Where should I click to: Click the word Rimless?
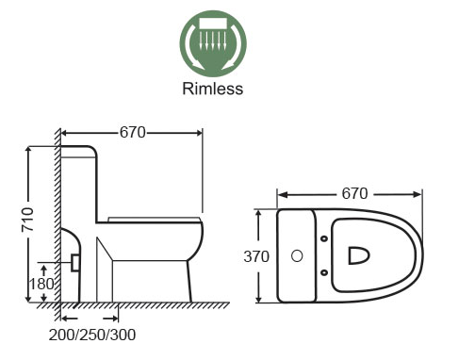(x=213, y=89)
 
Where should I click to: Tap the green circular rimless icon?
(x=213, y=43)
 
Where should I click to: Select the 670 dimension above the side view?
(x=133, y=133)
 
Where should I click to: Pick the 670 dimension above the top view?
(x=354, y=193)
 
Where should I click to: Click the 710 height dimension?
(x=27, y=220)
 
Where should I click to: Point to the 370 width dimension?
(x=256, y=256)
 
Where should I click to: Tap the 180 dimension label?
(x=41, y=284)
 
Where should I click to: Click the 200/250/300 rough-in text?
(x=92, y=335)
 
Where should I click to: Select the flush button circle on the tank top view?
(x=297, y=256)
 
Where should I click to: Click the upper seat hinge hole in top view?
(x=324, y=238)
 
